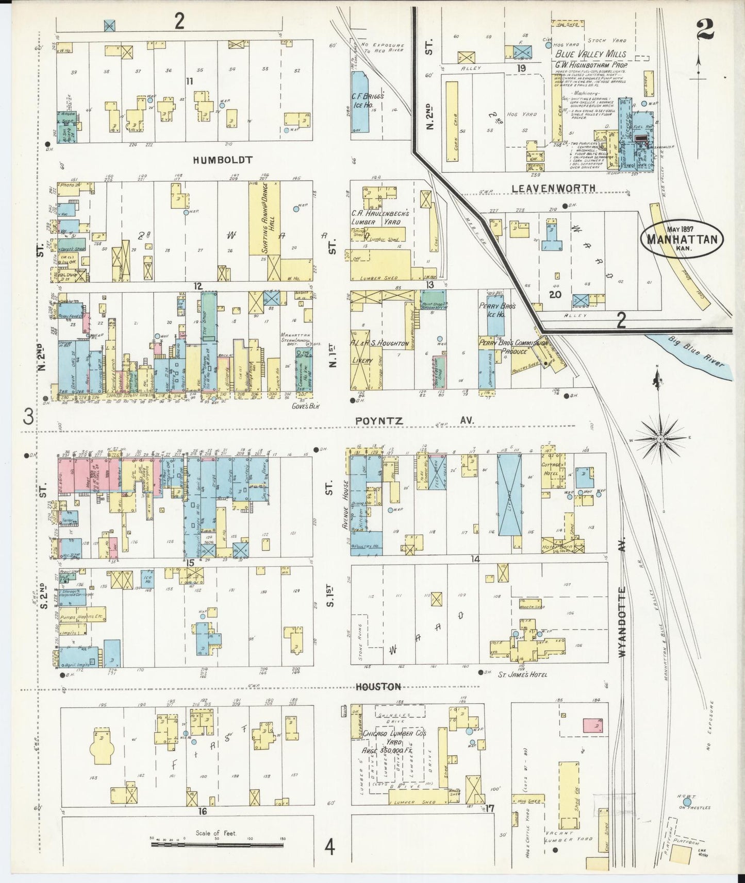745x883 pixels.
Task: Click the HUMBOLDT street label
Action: tap(222, 160)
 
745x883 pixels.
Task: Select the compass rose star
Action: tap(660, 439)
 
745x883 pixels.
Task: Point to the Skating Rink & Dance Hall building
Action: tap(265, 218)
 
